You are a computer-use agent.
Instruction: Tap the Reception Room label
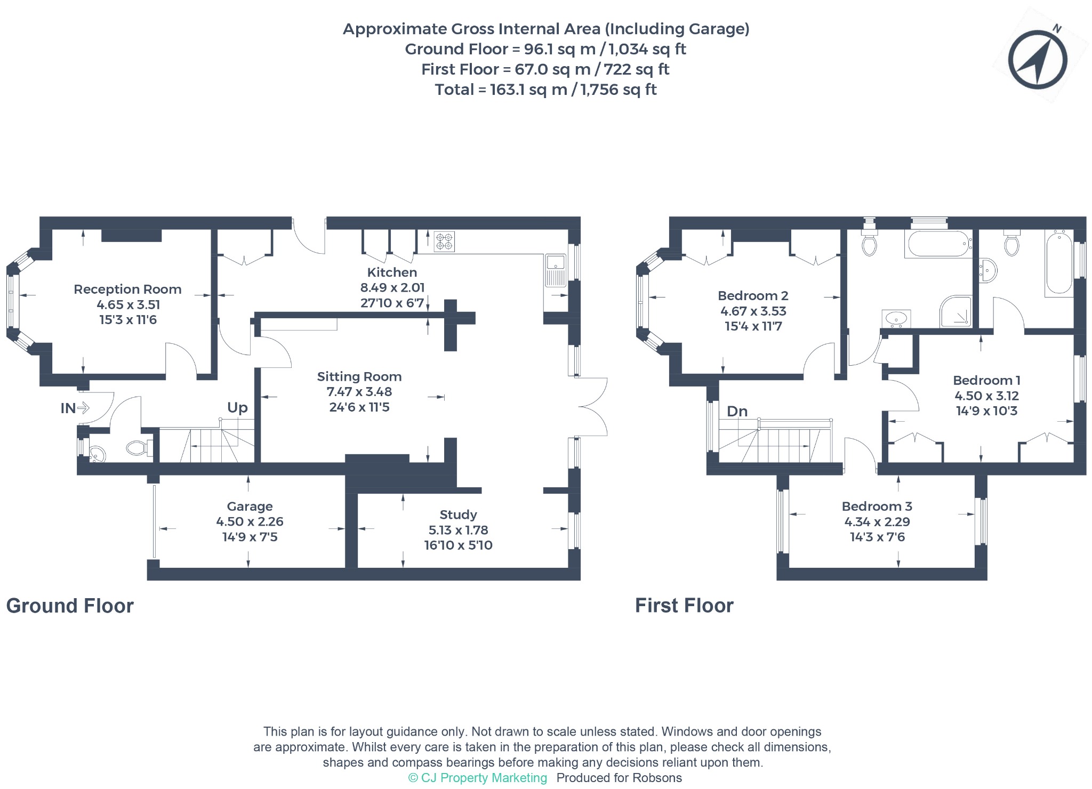[127, 289]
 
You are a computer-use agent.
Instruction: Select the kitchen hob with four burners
[444, 241]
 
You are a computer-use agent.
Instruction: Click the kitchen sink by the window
[556, 270]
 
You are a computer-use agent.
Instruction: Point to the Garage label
[250, 506]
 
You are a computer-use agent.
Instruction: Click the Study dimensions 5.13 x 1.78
[459, 530]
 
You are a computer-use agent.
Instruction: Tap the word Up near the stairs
[237, 408]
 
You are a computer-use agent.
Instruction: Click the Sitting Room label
[359, 377]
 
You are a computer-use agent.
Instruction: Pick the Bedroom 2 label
[753, 296]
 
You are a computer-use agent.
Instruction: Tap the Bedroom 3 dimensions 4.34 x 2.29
[877, 522]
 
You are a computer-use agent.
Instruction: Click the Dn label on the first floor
[737, 412]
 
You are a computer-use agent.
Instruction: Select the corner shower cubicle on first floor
[955, 311]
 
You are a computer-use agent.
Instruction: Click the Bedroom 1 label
[986, 381]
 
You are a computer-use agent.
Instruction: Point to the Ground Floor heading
[70, 606]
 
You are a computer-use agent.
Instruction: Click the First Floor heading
[684, 606]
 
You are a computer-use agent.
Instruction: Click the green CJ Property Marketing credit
[478, 778]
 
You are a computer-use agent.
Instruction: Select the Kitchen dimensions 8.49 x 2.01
[392, 288]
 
